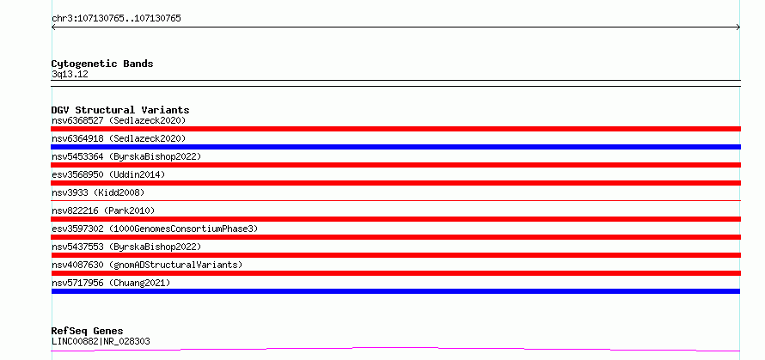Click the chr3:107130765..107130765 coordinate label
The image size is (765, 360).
116,19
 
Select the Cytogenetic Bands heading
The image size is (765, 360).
102,64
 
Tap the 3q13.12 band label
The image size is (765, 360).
70,75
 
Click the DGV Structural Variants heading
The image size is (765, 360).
120,110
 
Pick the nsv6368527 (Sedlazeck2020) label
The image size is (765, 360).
119,120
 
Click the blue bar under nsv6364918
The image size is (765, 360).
395,147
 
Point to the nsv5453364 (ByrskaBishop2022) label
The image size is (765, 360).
126,156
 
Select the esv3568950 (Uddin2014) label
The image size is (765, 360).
108,174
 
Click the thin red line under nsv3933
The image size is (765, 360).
395,200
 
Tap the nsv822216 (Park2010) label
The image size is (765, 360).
103,211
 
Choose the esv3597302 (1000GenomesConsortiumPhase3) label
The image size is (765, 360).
155,229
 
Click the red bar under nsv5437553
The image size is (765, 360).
395,255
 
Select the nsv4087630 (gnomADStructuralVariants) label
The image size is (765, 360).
147,265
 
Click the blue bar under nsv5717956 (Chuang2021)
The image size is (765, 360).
395,291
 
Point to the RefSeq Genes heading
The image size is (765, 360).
88,331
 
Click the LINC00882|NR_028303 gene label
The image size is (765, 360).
101,341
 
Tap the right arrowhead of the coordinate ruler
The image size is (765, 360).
739,27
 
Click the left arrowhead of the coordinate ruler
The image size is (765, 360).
52,27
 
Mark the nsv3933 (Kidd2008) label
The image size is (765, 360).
98,192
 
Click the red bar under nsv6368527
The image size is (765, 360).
395,129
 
